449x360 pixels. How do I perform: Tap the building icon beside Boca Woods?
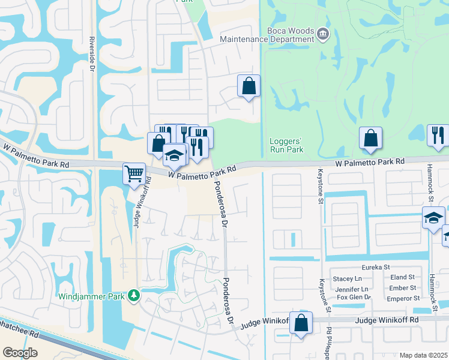[323, 33]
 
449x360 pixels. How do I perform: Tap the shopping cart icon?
[134, 174]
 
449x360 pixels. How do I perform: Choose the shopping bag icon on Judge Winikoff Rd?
[301, 322]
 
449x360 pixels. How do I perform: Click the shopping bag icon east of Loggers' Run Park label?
[371, 138]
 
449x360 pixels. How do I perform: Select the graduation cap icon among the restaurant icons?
[174, 155]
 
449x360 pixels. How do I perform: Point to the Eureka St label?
[376, 267]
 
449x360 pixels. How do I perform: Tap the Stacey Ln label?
[348, 278]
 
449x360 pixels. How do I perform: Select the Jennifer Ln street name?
[351, 288]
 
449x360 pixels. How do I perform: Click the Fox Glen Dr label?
[354, 297]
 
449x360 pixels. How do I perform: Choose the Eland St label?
[402, 277]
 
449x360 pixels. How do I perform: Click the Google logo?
[20, 353]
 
